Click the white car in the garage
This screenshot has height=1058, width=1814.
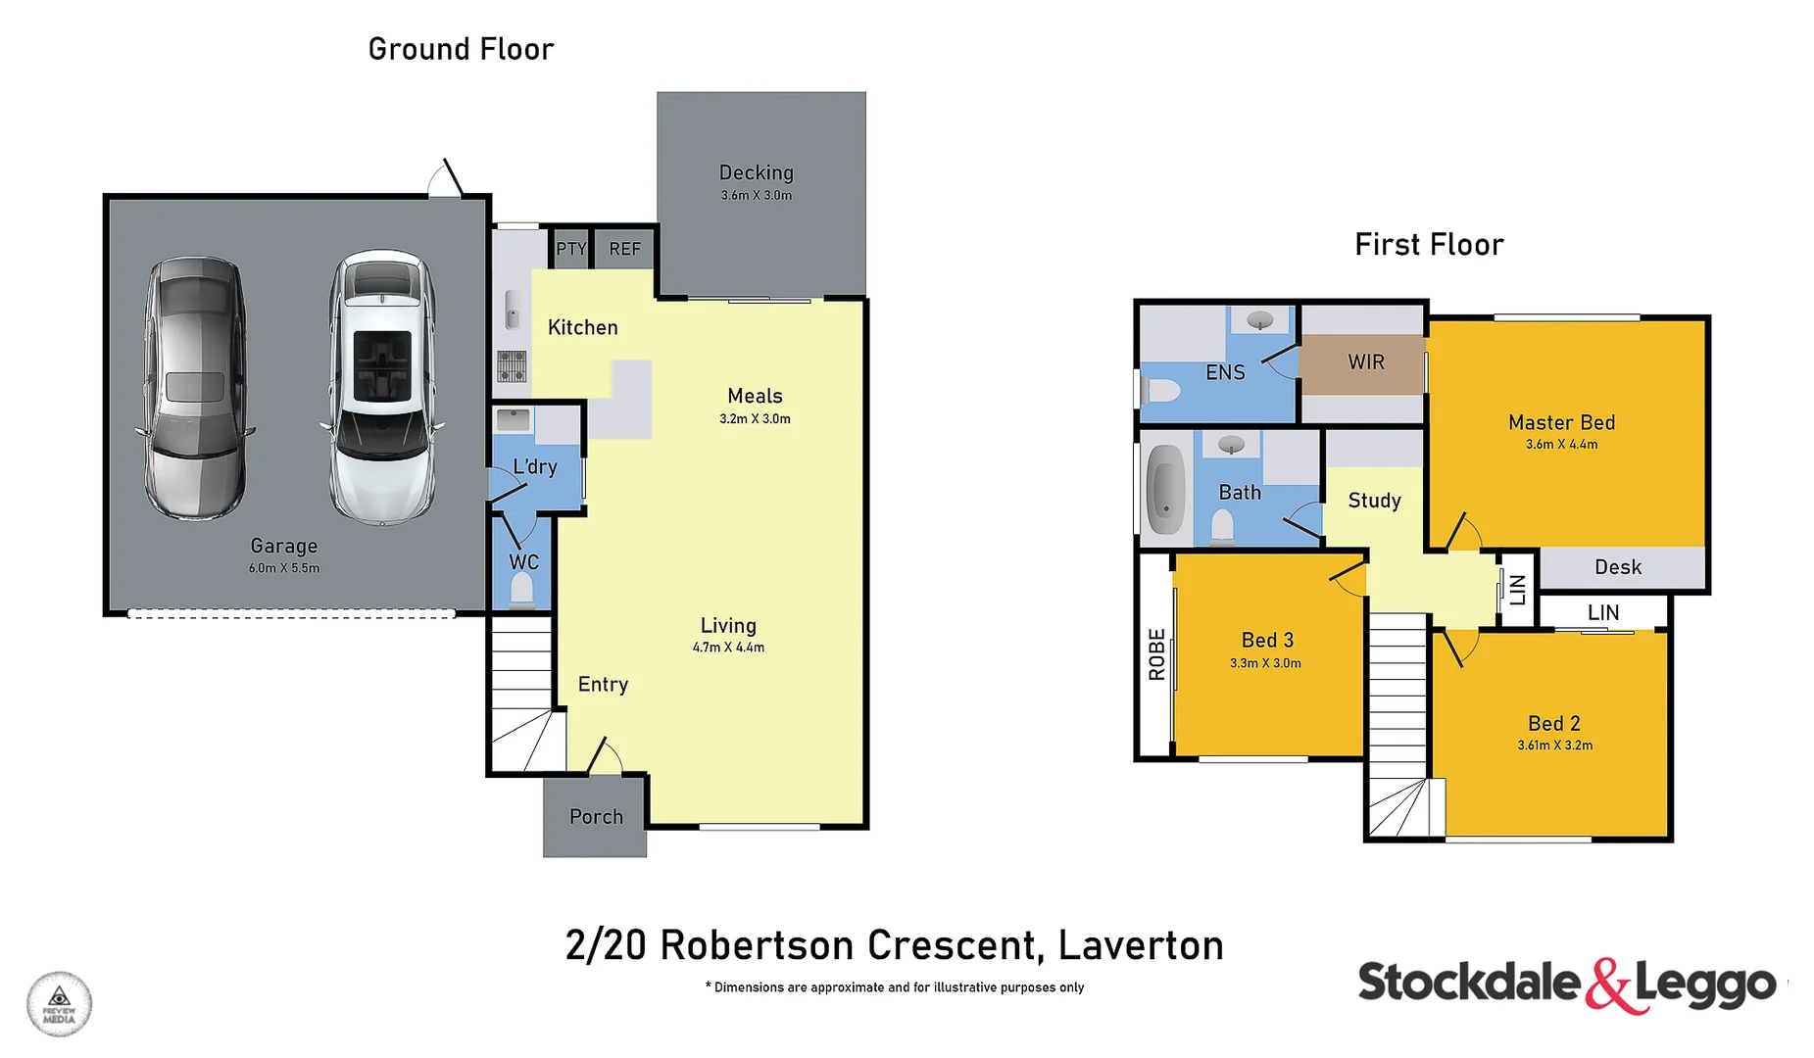[x=382, y=387]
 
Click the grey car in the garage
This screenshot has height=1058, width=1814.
[x=195, y=389]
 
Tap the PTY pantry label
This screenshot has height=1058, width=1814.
[x=570, y=249]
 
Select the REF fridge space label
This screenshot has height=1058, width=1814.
[x=624, y=249]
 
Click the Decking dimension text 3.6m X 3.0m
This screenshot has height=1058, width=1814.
[x=756, y=195]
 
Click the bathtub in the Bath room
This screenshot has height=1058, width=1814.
[x=1165, y=488]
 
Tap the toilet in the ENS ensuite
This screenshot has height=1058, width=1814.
[x=1162, y=392]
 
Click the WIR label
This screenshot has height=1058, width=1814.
[x=1365, y=362]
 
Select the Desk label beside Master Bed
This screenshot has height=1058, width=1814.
[x=1617, y=567]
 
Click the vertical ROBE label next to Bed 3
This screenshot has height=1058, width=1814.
[x=1156, y=654]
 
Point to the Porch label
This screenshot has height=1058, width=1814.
[x=596, y=816]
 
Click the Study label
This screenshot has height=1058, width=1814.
[x=1374, y=501]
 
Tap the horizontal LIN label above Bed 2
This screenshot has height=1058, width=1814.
[x=1602, y=612]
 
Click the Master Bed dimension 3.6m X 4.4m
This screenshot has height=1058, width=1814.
[x=1561, y=445]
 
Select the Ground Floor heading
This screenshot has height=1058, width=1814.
[x=461, y=49]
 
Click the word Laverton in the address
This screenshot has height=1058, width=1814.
[x=1141, y=945]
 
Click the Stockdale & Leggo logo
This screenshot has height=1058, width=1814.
[x=1565, y=984]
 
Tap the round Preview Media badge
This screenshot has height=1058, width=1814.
[x=59, y=1004]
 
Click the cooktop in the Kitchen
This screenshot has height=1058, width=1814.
[x=512, y=365]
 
